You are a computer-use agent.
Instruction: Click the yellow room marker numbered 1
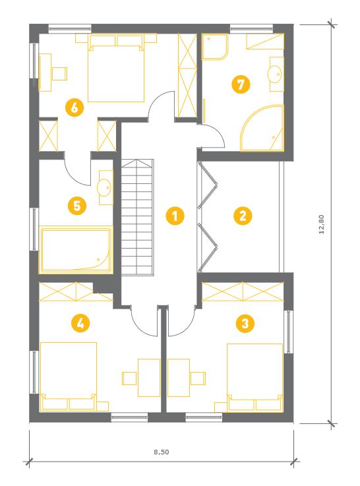[175, 216]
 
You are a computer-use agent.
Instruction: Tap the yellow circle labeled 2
[243, 216]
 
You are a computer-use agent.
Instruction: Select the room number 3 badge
[245, 324]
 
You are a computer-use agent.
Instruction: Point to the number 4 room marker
[80, 324]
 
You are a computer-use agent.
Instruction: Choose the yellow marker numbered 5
[77, 206]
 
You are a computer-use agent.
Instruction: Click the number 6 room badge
[75, 108]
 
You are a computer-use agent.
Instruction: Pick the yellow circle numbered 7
[241, 84]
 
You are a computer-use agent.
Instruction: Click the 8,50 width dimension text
[162, 452]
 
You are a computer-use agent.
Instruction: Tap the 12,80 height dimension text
[322, 224]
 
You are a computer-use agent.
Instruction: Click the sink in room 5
[105, 187]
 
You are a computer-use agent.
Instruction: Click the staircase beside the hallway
[137, 217]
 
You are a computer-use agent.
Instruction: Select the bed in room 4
[68, 377]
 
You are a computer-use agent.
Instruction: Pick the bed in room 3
[255, 377]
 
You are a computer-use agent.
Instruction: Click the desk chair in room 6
[59, 73]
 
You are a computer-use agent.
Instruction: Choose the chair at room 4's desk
[129, 378]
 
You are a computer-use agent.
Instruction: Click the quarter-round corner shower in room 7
[262, 129]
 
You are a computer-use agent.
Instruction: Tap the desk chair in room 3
[198, 378]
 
